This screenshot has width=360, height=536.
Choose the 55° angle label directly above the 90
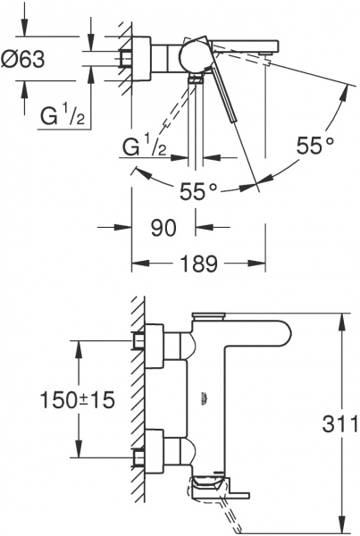coord(199,191)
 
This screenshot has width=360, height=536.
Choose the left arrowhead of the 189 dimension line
coord(136,264)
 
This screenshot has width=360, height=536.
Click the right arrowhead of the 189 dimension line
coord(264,264)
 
